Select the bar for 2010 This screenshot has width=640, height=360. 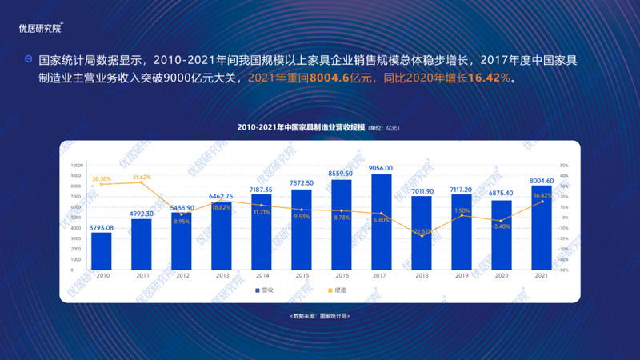pyautogui.click(x=102, y=251)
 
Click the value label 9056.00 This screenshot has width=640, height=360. pyautogui.click(x=381, y=168)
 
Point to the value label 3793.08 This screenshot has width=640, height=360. pyautogui.click(x=102, y=227)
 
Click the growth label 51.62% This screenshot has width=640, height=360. pyautogui.click(x=142, y=177)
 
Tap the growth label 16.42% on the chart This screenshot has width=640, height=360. pyautogui.click(x=542, y=195)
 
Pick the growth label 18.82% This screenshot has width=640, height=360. pyautogui.click(x=221, y=207)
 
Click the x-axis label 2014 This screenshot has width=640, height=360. pyautogui.click(x=262, y=276)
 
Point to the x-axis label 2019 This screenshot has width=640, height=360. pyautogui.click(x=462, y=276)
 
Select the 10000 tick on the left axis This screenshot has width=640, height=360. pyautogui.click(x=78, y=165)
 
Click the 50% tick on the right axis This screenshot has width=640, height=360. pyautogui.click(x=564, y=165)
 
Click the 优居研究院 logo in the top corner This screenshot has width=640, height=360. pyautogui.click(x=41, y=28)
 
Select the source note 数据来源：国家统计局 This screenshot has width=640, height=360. pyautogui.click(x=320, y=317)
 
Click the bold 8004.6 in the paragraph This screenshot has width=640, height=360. pyautogui.click(x=334, y=79)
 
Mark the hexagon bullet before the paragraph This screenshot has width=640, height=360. pyautogui.click(x=29, y=59)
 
